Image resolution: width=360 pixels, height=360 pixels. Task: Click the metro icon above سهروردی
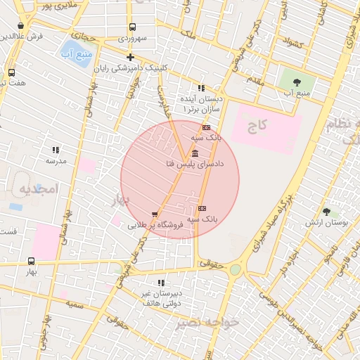tap(132, 26)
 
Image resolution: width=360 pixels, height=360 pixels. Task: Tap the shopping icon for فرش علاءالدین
tap(20, 26)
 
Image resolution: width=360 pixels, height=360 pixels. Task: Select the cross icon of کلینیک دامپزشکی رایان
tap(130, 57)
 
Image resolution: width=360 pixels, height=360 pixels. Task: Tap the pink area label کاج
tap(257, 126)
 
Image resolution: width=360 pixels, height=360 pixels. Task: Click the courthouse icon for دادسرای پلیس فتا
tap(194, 153)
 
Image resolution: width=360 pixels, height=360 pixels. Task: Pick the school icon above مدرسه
tap(56, 150)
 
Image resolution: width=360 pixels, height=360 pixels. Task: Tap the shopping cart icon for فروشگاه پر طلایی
tap(155, 214)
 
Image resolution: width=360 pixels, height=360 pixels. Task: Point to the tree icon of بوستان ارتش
tap(326, 211)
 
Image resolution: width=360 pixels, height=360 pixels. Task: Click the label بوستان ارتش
tap(327, 223)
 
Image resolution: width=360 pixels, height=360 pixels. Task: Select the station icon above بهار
tap(31, 261)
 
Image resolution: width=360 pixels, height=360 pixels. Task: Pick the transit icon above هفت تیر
tap(11, 72)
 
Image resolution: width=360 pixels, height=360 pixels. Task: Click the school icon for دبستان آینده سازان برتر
tap(201, 89)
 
